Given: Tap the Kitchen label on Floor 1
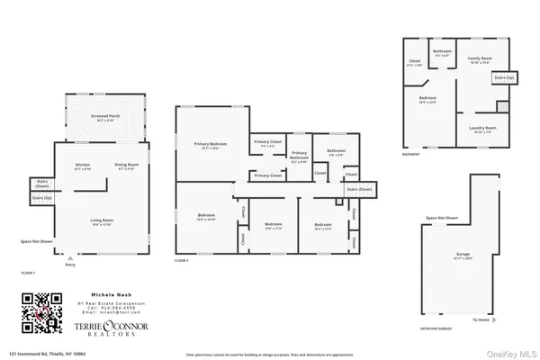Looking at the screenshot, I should [83, 166].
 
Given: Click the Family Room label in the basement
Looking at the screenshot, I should [479, 59].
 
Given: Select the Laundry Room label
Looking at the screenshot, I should [478, 129].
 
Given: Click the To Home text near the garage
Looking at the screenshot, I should [481, 319].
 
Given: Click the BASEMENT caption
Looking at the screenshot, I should [411, 154].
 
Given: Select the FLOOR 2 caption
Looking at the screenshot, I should [184, 260].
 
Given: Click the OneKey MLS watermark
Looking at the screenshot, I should [514, 352].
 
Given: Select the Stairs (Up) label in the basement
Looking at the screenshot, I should [503, 78].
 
